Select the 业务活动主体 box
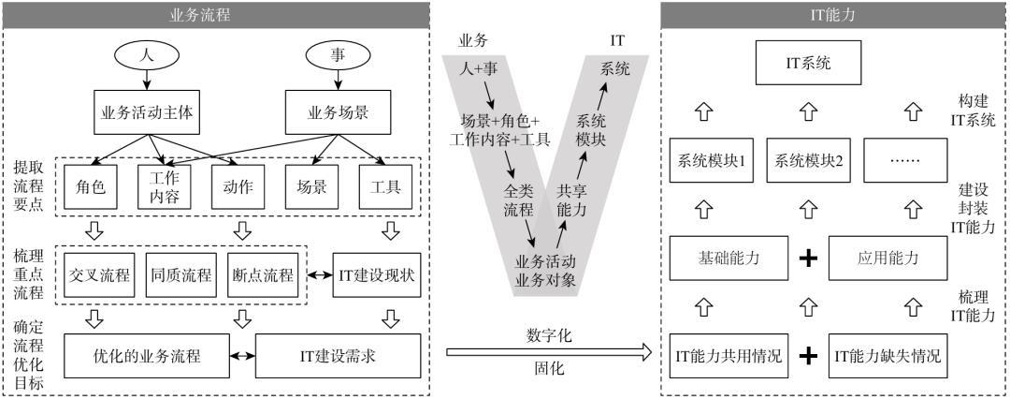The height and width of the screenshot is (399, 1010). (148, 111)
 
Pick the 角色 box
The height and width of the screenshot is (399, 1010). (91, 187)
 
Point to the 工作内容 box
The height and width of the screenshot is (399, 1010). (165, 187)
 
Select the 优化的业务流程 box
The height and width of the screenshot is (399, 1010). (147, 355)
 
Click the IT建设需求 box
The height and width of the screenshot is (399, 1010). (339, 355)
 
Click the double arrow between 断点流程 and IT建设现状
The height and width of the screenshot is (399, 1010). (316, 275)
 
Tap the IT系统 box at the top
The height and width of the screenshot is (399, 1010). (808, 64)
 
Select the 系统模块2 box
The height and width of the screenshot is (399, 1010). (808, 159)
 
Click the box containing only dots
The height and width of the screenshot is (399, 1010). (905, 159)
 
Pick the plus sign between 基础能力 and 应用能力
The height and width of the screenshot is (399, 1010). (808, 259)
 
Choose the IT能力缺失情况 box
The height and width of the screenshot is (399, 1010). (887, 355)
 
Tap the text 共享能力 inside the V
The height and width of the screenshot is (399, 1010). (570, 200)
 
